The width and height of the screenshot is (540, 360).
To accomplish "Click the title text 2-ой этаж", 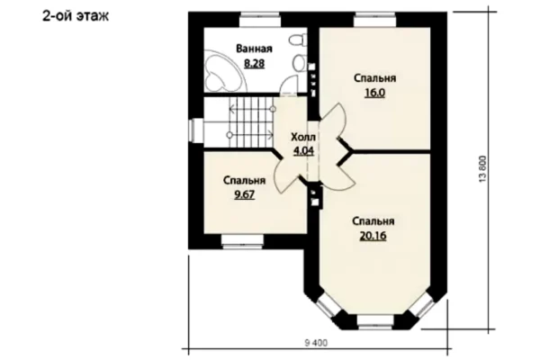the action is [75, 16].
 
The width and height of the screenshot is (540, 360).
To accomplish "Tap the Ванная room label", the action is [254, 49].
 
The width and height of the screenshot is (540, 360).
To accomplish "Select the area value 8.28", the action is [254, 63].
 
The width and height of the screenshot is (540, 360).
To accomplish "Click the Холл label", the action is [303, 137].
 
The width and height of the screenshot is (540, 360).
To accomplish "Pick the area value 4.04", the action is [303, 151].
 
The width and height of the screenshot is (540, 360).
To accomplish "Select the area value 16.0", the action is [374, 93].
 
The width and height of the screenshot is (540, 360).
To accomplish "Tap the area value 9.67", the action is [244, 195].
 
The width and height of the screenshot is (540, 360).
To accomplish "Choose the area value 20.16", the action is [373, 236].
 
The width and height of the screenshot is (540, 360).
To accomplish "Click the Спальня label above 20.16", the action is [373, 221].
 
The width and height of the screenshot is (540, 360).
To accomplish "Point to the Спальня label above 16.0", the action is [374, 78].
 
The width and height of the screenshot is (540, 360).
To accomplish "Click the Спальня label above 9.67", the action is [244, 181].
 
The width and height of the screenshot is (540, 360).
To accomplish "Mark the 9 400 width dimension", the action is [316, 343].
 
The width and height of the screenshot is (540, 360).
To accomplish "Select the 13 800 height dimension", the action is [483, 169].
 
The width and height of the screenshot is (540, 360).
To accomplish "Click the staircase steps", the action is [251, 122].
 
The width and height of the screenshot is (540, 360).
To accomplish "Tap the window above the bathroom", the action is [260, 20].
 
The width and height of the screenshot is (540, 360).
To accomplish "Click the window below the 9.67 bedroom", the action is [242, 241].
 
